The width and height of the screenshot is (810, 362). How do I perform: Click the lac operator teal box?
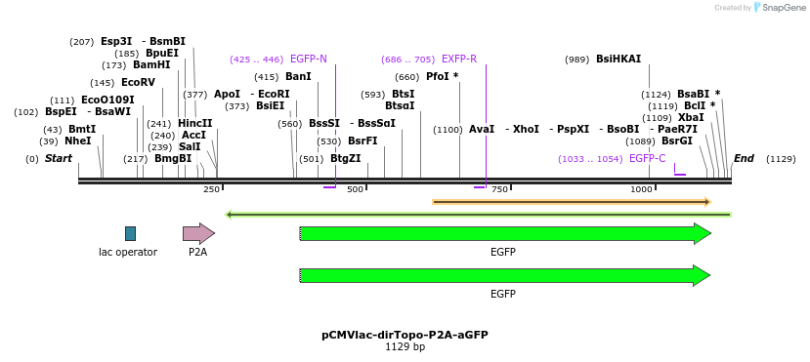click(130, 233)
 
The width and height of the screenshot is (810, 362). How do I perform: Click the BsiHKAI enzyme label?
click(618, 60)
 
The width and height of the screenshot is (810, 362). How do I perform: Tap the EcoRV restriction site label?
click(138, 83)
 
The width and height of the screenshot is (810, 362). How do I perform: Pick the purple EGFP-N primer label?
click(309, 60)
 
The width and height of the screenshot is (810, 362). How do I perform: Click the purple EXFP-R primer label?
click(459, 60)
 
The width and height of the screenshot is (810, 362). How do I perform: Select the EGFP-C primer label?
click(647, 158)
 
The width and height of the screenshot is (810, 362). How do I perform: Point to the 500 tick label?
click(355, 189)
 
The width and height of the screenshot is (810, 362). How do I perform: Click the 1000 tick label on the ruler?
click(641, 189)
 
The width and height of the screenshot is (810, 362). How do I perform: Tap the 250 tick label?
click(211, 189)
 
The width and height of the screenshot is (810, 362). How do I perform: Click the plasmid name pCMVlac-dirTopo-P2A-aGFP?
click(405, 335)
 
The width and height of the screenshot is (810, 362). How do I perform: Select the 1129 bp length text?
click(405, 346)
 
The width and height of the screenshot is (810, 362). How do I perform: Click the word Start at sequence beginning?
click(59, 158)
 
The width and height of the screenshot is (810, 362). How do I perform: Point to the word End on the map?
click(744, 158)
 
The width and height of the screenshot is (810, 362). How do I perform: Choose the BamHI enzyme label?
click(151, 65)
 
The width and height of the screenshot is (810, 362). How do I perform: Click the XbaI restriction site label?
click(691, 117)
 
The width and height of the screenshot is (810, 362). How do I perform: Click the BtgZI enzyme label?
click(346, 158)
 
